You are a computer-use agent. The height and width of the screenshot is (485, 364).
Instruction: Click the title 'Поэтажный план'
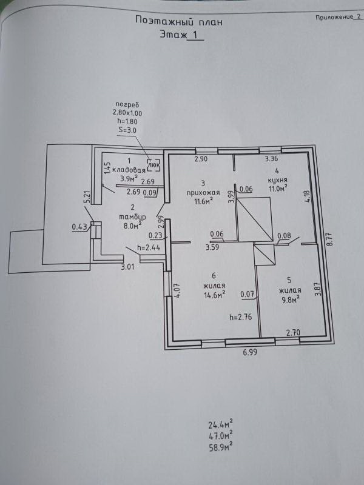[x=178, y=21]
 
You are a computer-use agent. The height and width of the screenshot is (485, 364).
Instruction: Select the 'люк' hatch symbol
[x=154, y=163]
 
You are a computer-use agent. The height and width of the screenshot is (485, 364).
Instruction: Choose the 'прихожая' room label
[x=203, y=192]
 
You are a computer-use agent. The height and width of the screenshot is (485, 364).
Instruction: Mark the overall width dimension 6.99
[x=250, y=352]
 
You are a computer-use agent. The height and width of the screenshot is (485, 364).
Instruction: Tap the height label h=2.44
[x=148, y=247]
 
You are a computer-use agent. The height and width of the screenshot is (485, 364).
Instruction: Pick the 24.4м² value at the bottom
[x=221, y=424]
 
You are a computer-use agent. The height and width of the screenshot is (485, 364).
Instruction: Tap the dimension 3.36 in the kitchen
[x=271, y=160]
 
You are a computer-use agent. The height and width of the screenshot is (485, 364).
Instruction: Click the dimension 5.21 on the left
[x=87, y=198]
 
